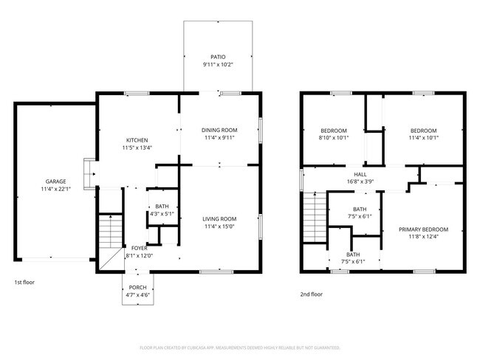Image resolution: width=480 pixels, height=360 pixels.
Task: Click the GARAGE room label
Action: click(x=55, y=181)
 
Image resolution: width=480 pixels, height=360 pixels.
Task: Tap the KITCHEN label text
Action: click(x=137, y=140)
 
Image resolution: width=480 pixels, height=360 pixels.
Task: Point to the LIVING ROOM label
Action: click(x=219, y=218)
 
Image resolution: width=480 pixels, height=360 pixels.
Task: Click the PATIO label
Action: click(x=217, y=57)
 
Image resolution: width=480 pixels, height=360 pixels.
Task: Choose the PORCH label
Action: click(x=137, y=288)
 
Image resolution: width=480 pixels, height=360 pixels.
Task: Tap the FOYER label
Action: click(x=140, y=248)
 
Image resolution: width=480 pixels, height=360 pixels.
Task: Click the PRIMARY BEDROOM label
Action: click(x=423, y=229)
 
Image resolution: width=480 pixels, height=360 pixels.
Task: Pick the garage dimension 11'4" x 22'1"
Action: click(x=55, y=190)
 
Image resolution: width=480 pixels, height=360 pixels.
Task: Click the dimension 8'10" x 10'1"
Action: click(x=333, y=138)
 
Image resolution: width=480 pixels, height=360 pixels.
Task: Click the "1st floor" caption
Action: click(x=24, y=282)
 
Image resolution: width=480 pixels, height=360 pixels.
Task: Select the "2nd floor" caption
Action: click(x=312, y=294)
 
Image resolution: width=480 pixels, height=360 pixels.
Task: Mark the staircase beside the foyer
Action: click(x=110, y=230)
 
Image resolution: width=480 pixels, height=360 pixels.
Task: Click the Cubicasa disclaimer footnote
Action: click(x=239, y=347)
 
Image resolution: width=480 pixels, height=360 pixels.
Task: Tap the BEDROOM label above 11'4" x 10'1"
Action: click(x=423, y=130)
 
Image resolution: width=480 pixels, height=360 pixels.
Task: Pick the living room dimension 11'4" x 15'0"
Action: click(x=219, y=226)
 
